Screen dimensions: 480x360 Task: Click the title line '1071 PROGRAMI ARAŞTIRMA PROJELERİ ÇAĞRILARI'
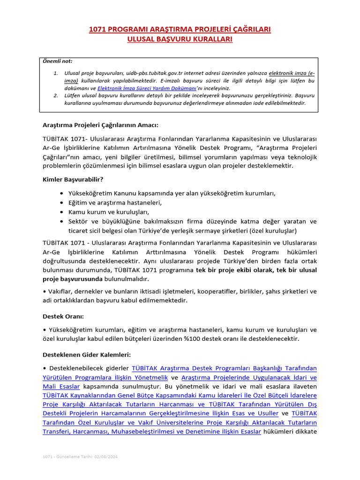pos(180,30)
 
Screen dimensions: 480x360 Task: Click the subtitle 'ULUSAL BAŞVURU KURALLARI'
pos(180,39)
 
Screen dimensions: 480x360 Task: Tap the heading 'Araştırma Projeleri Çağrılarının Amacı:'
pos(100,125)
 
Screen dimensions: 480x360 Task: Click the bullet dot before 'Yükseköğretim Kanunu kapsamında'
pos(62,194)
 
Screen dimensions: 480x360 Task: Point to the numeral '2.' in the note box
pos(55,95)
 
